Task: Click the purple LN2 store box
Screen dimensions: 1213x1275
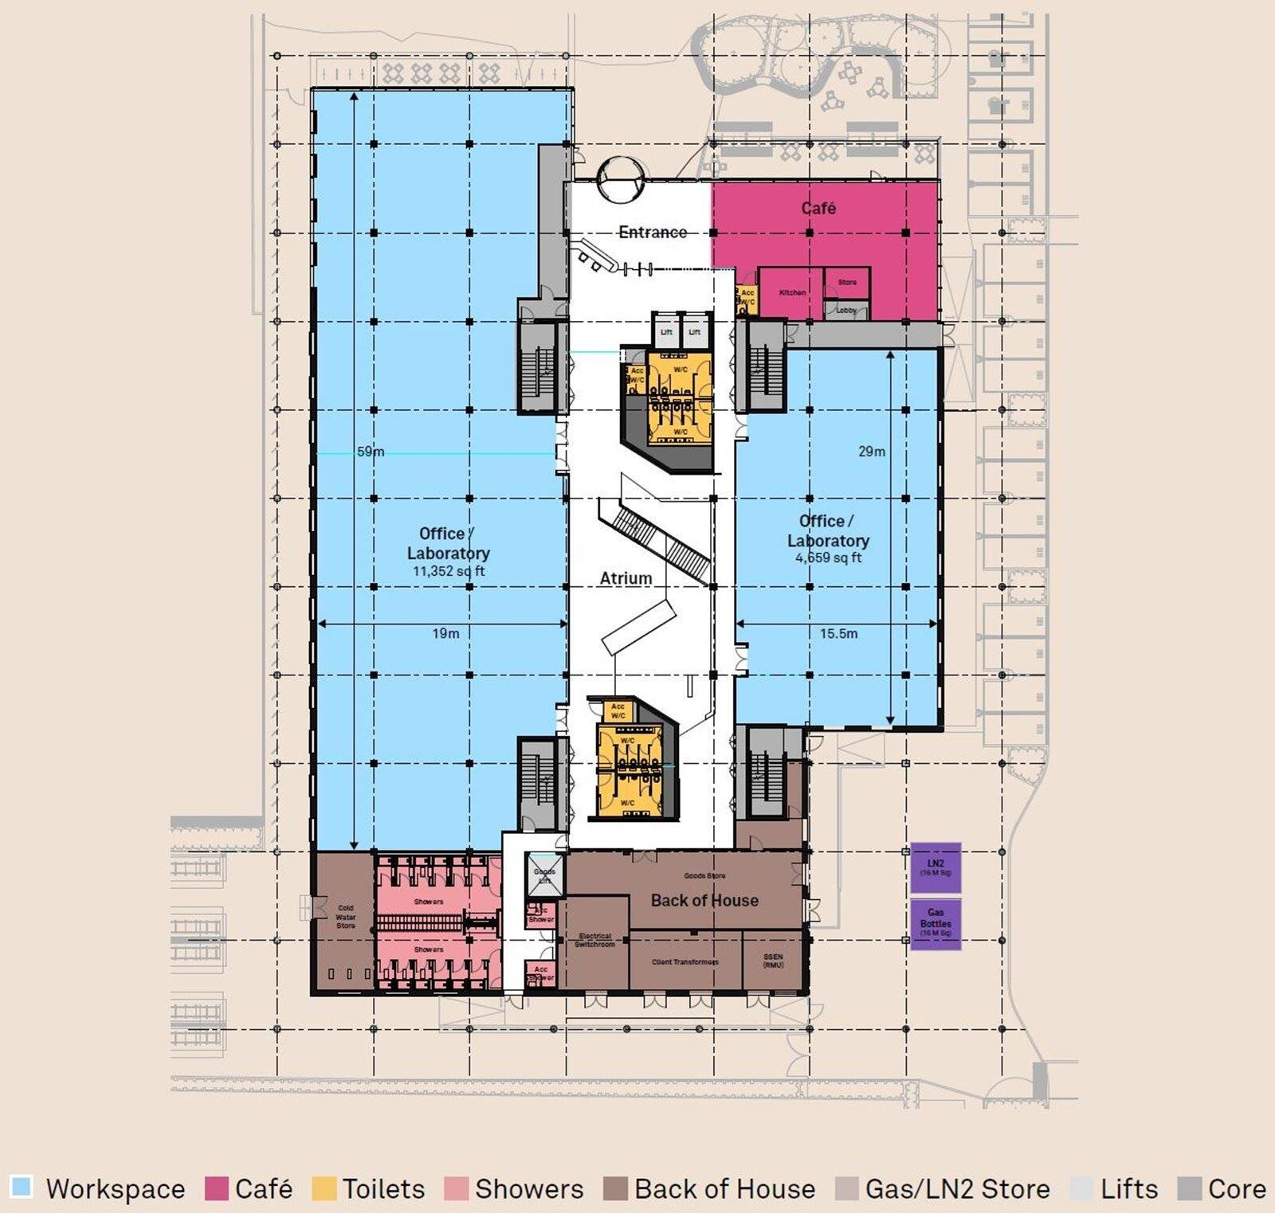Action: coord(936,867)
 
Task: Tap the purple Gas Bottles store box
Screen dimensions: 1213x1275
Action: coord(936,924)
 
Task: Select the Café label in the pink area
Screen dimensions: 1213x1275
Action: coord(818,209)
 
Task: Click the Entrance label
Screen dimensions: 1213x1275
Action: coord(653,232)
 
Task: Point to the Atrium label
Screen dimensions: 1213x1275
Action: coord(626,578)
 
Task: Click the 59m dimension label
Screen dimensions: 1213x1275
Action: coord(371,452)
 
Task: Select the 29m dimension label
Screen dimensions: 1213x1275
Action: coord(872,452)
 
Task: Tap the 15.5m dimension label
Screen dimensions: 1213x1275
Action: coord(838,634)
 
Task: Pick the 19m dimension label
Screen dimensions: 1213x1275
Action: coord(445,634)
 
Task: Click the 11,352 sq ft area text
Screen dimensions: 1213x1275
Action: coord(448,571)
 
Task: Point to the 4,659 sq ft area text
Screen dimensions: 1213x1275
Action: coord(828,558)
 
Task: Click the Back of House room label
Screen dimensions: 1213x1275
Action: coord(704,901)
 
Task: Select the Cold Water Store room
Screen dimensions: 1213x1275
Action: coord(345,918)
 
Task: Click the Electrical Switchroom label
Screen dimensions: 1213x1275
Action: coord(595,941)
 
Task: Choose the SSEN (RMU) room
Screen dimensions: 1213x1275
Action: coord(772,961)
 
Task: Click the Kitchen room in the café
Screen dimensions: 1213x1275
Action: coord(791,293)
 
